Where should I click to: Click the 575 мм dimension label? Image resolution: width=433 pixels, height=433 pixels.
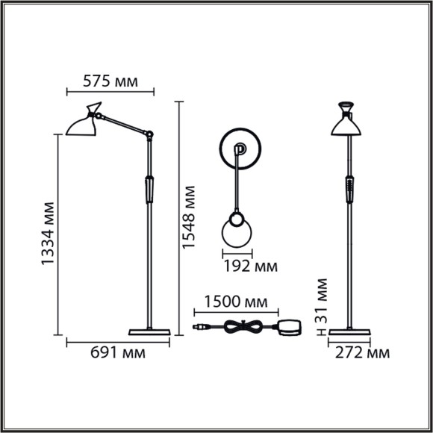coord(111,81)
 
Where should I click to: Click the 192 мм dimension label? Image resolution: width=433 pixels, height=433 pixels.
coord(249,264)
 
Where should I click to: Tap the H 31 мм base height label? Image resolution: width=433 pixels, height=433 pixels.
coord(322,306)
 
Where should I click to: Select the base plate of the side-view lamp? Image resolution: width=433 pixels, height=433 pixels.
coord(150,331)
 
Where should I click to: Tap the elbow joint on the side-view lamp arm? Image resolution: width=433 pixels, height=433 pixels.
coord(149,135)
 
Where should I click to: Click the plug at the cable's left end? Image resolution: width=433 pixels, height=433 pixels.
coord(199,326)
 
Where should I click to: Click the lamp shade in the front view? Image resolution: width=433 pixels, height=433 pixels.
coord(348,125)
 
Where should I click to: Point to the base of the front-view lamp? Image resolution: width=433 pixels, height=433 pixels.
coord(348,331)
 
